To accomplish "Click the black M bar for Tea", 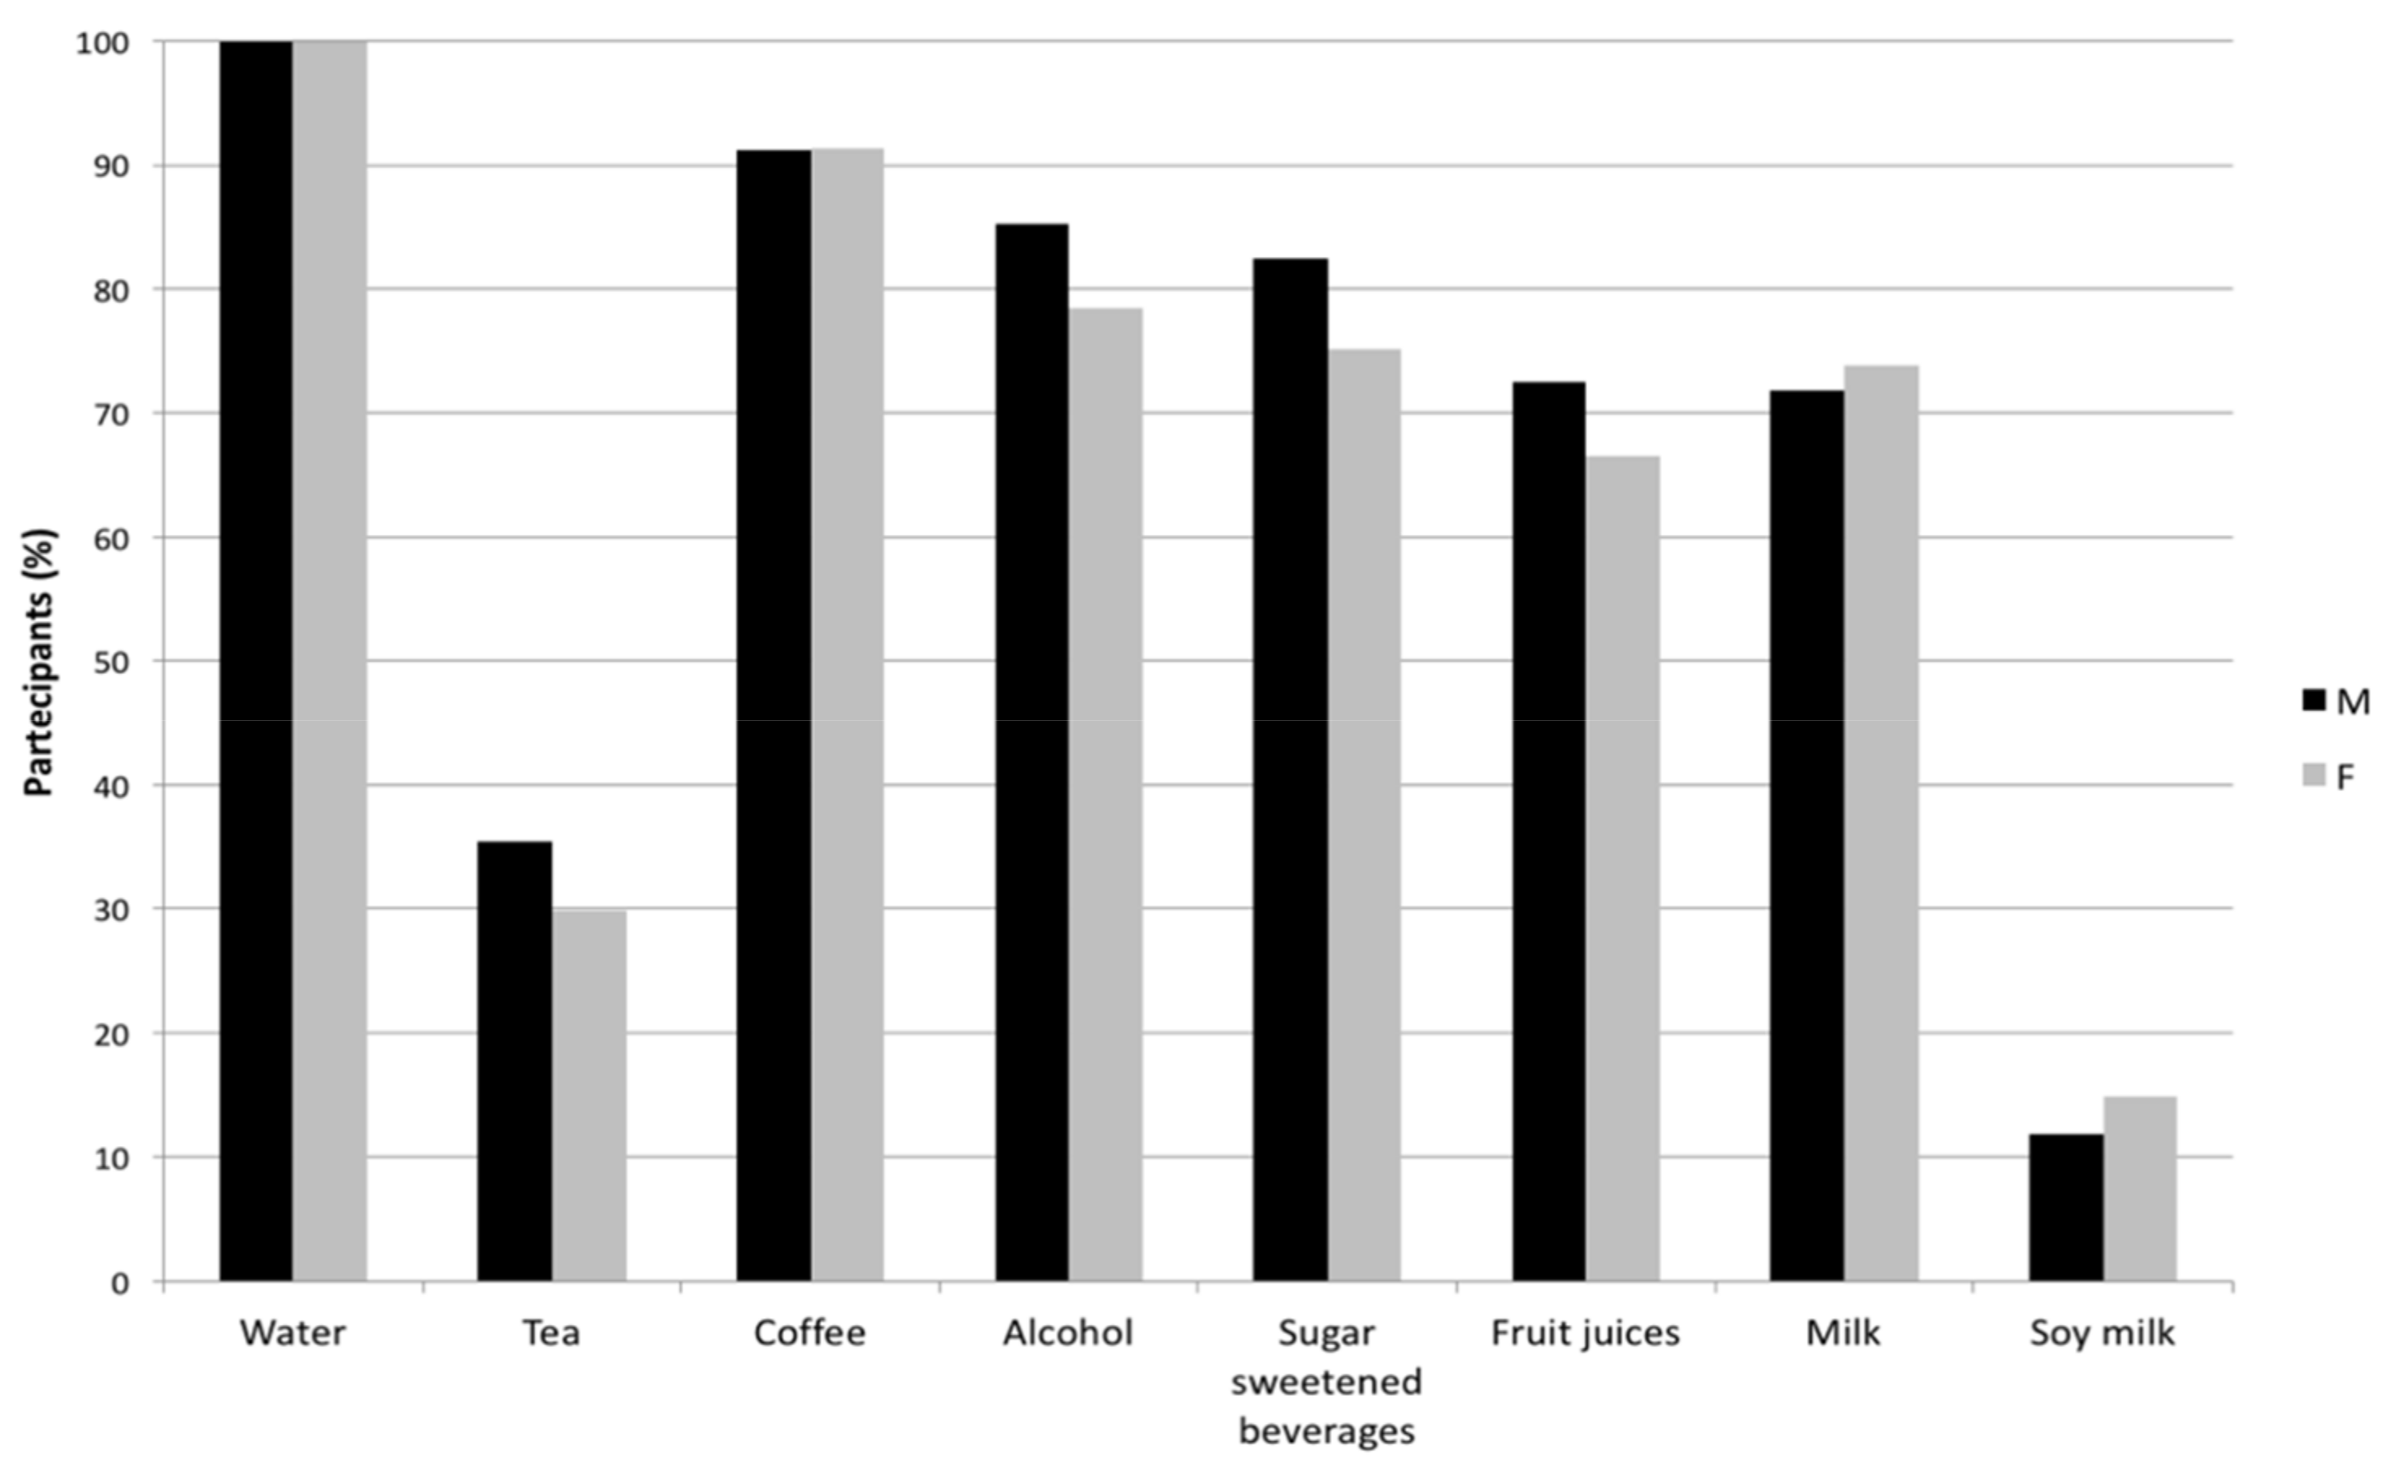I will pyautogui.click(x=514, y=1061).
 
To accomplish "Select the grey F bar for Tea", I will pyautogui.click(x=589, y=1095).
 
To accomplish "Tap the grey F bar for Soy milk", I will pyautogui.click(x=2140, y=1189).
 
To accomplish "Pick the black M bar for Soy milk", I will pyautogui.click(x=2066, y=1207).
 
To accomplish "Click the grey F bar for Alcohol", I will pyautogui.click(x=1105, y=794).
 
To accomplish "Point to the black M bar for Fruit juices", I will pyautogui.click(x=1549, y=831).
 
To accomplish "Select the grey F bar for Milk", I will pyautogui.click(x=1881, y=823).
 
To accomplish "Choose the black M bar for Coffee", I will pyautogui.click(x=773, y=715).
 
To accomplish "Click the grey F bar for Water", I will pyautogui.click(x=330, y=661).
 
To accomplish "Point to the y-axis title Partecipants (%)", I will pyautogui.click(x=39, y=662).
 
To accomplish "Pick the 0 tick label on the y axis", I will pyautogui.click(x=120, y=1283).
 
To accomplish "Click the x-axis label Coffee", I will pyautogui.click(x=809, y=1333).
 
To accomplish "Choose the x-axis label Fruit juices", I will pyautogui.click(x=1585, y=1333).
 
